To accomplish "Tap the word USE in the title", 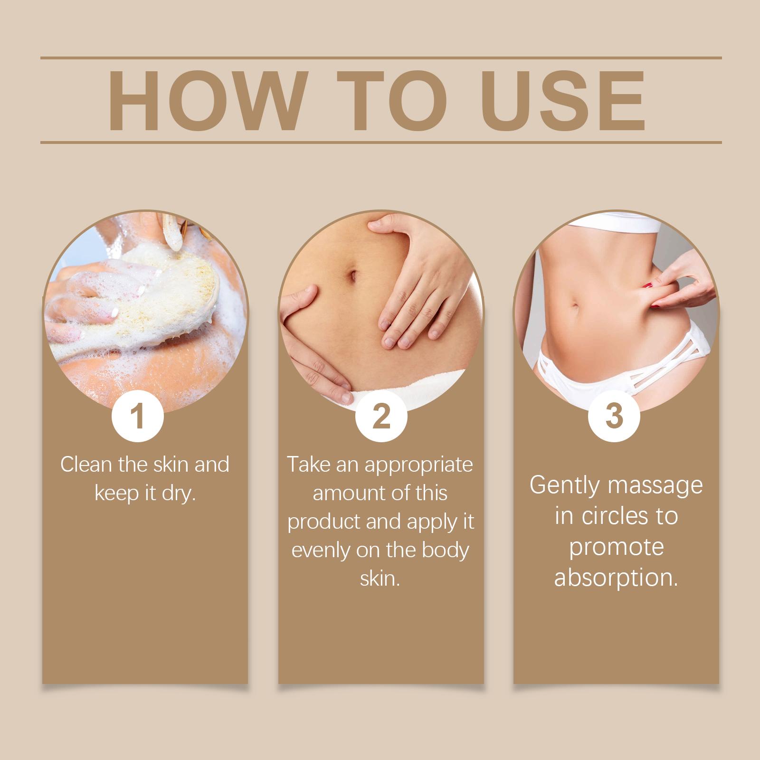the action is click(565, 101).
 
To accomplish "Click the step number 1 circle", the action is click(138, 416).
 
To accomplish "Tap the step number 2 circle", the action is click(381, 416).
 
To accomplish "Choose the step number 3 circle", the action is click(614, 416).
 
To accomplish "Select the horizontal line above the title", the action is click(381, 58).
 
